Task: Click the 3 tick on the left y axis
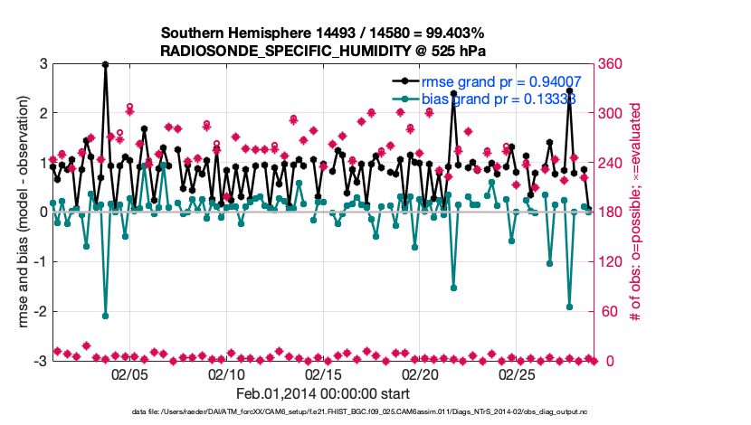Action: (43, 64)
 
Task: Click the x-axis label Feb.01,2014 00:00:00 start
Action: (323, 393)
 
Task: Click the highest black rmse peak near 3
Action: (106, 64)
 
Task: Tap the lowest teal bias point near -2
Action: (106, 316)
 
